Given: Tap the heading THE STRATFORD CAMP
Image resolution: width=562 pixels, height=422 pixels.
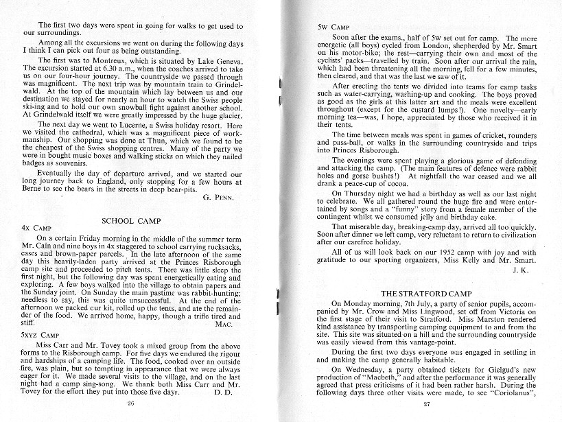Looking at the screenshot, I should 428,293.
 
